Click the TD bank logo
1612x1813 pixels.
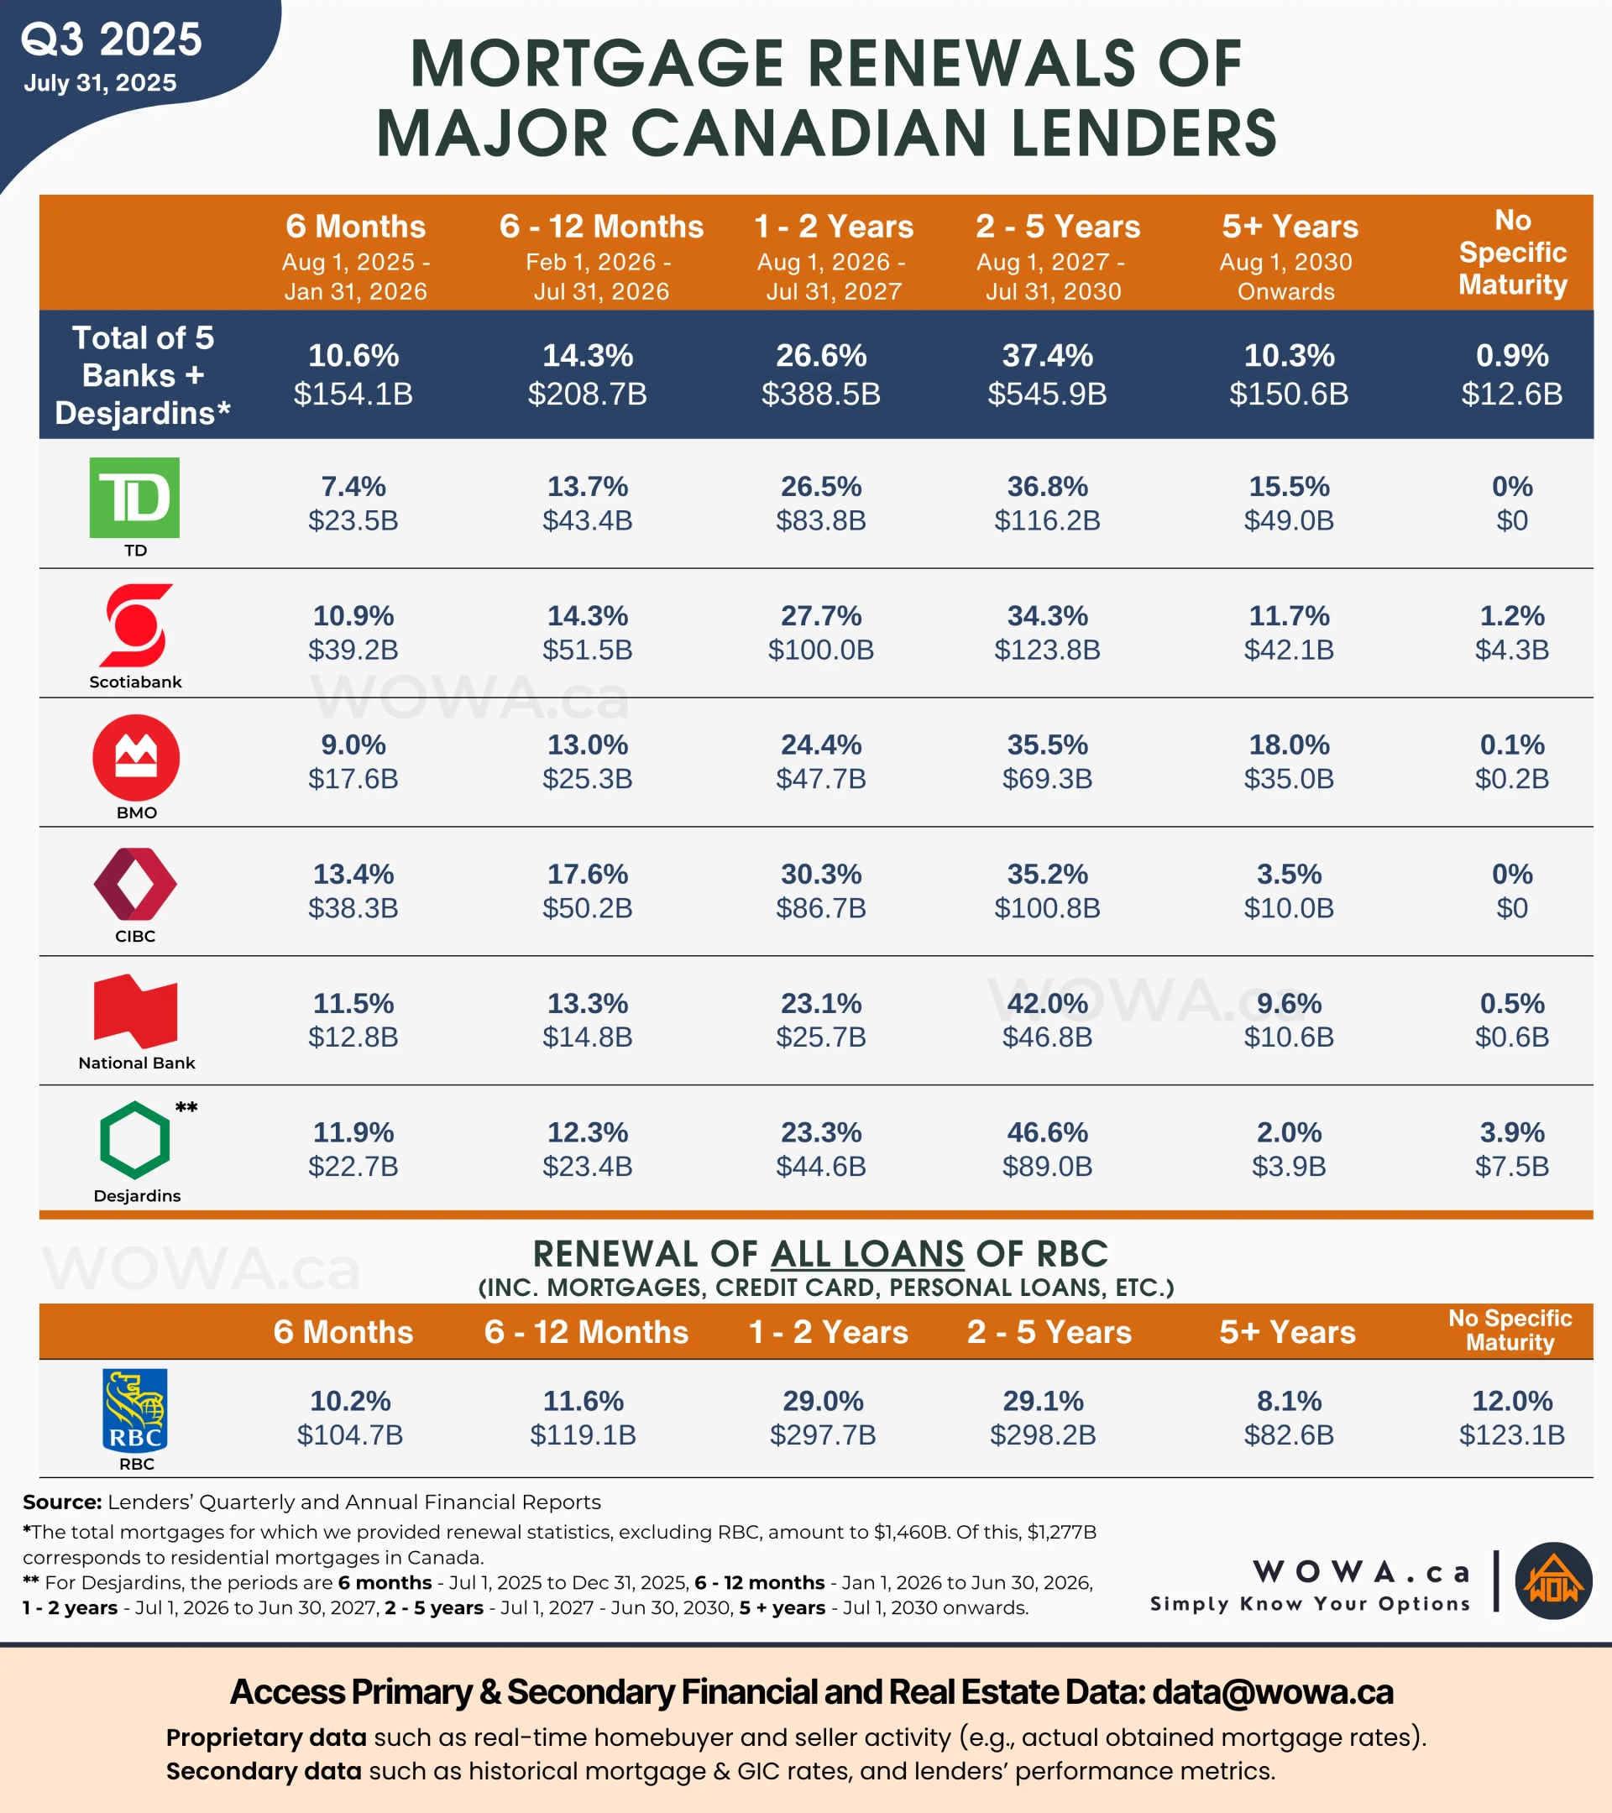[x=134, y=498]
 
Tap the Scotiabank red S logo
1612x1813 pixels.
[x=136, y=625]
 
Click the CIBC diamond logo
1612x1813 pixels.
[x=135, y=884]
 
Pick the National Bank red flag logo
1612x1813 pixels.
[x=135, y=1011]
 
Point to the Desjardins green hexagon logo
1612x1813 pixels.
[x=135, y=1140]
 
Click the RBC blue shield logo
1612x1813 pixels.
[x=135, y=1410]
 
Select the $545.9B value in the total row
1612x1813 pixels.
[x=1047, y=394]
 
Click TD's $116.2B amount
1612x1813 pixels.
[x=1047, y=520]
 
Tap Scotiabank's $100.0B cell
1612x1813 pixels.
[x=820, y=650]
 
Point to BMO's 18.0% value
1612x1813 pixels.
[x=1288, y=745]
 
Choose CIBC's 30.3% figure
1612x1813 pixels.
[x=820, y=875]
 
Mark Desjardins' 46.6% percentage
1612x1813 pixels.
[x=1047, y=1132]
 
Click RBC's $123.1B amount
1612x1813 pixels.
[x=1512, y=1435]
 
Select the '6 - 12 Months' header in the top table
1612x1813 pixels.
[x=601, y=227]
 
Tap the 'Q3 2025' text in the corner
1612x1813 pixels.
[x=112, y=40]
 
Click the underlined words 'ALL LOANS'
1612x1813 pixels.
[x=866, y=1254]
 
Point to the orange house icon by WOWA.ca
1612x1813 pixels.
[x=1553, y=1581]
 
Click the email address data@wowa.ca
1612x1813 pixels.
[x=1272, y=1692]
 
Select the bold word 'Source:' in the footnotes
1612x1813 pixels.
[x=62, y=1502]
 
